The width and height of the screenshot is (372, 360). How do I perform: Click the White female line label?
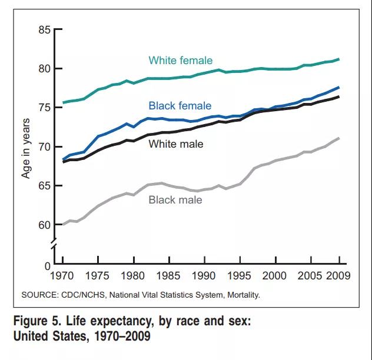pyautogui.click(x=180, y=61)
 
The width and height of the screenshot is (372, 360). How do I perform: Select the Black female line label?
pyautogui.click(x=180, y=106)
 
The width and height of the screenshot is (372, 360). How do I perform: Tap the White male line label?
pyautogui.click(x=175, y=143)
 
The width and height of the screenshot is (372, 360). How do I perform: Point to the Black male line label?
pyautogui.click(x=175, y=200)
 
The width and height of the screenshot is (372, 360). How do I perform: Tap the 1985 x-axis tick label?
pyautogui.click(x=168, y=275)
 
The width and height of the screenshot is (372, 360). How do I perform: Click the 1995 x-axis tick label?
pyautogui.click(x=239, y=275)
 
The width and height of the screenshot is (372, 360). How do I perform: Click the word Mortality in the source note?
pyautogui.click(x=241, y=295)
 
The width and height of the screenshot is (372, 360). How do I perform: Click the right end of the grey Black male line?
pyautogui.click(x=339, y=138)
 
